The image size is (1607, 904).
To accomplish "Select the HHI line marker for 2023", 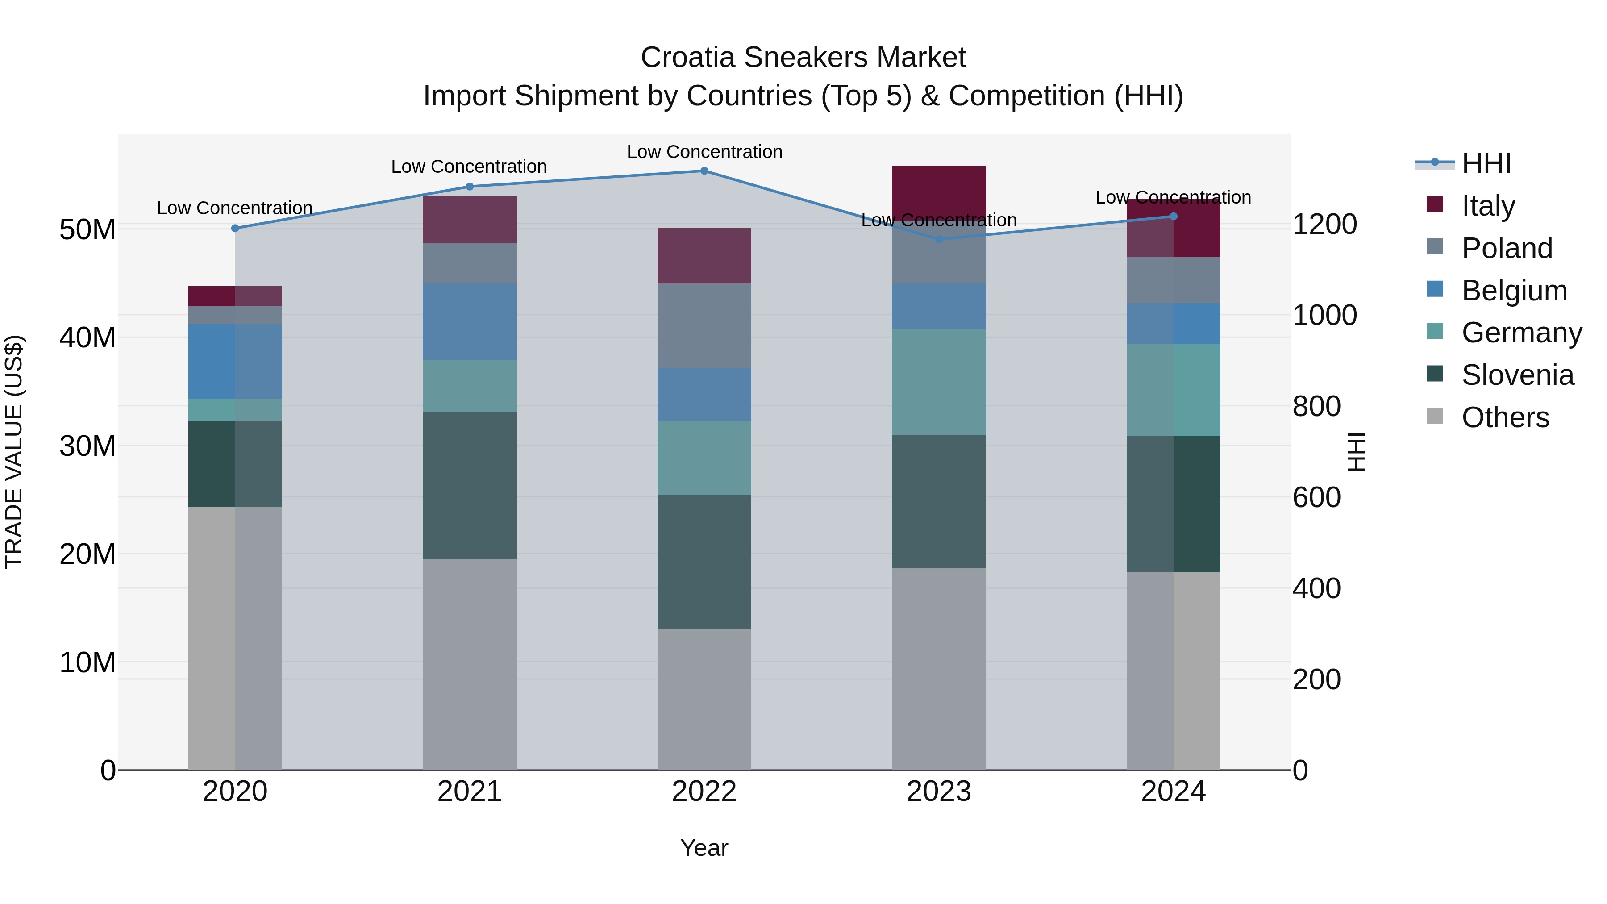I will click(939, 239).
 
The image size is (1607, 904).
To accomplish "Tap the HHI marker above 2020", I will click(235, 228).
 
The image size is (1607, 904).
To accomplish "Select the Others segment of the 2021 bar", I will click(469, 664).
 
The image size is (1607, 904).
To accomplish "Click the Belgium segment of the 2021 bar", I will click(469, 321).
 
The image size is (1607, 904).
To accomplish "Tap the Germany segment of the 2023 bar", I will click(939, 382).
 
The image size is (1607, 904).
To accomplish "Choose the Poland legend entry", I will click(1507, 248).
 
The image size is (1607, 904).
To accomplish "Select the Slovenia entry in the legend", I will click(1517, 375).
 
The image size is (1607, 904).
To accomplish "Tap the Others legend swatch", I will click(1435, 416).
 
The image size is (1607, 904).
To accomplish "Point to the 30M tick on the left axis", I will click(87, 446).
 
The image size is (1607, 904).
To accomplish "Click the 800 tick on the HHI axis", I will click(1316, 406).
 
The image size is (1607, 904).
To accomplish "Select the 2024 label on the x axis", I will click(1173, 792).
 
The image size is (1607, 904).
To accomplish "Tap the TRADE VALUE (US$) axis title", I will click(14, 452).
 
